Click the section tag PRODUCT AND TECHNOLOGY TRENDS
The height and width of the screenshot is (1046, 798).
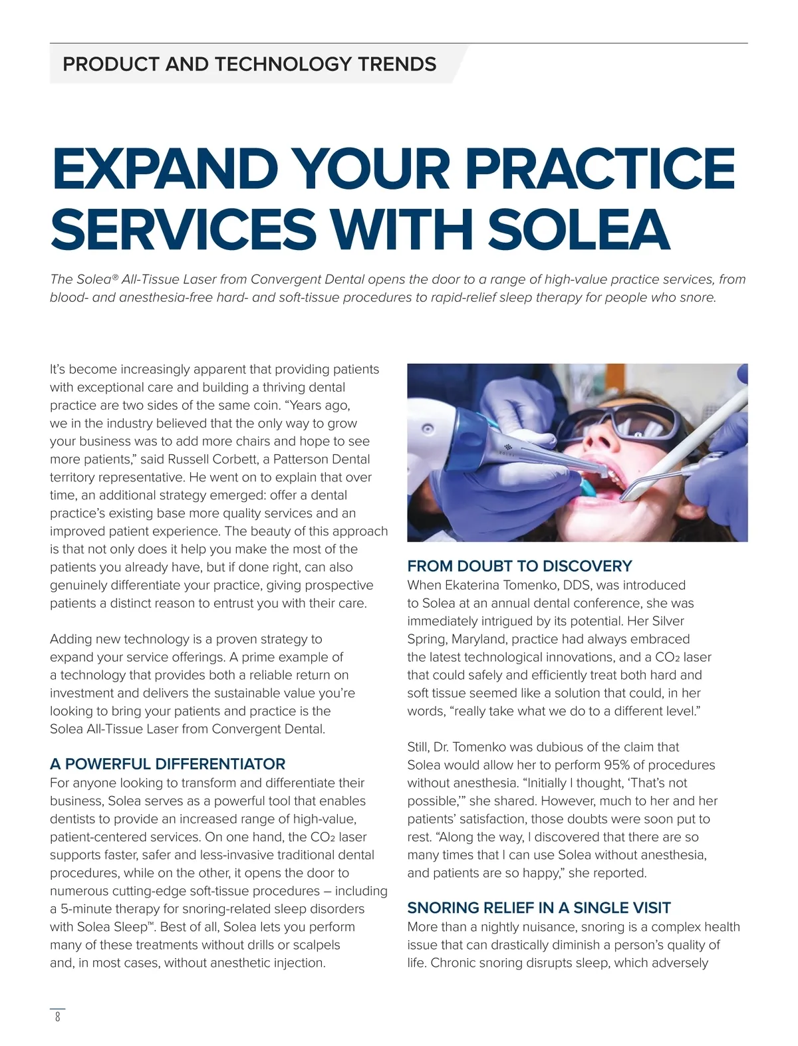[x=249, y=65]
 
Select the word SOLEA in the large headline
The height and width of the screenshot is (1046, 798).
[x=578, y=228]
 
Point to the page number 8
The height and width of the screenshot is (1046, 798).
[x=57, y=1017]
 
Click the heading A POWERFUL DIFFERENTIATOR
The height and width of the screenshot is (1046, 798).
[x=168, y=764]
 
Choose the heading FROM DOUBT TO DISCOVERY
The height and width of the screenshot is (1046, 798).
[x=519, y=567]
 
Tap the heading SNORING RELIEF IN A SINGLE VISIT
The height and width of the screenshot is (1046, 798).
[x=539, y=908]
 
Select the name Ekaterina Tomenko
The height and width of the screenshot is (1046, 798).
[x=498, y=586]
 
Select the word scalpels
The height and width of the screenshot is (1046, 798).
[x=315, y=945]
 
